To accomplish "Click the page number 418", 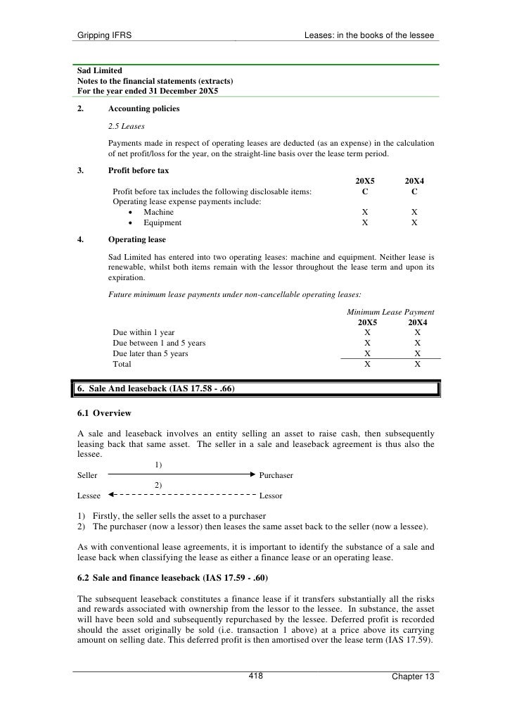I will [x=255, y=676].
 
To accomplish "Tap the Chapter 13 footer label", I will [x=413, y=677].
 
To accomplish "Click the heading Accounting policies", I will [x=143, y=109].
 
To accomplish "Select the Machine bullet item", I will [x=158, y=212].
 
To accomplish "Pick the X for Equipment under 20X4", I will [x=414, y=222].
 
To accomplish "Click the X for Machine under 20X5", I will [x=364, y=212].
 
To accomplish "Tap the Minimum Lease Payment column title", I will [x=390, y=312].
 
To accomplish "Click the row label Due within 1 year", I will [x=143, y=332].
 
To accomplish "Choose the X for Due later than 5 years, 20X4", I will [x=418, y=353].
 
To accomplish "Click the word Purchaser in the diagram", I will [x=276, y=476].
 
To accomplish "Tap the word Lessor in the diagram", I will [x=271, y=496].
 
